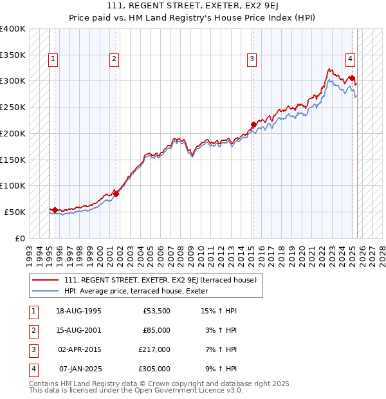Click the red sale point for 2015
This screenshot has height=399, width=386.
(253, 124)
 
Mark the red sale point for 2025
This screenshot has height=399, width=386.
(352, 78)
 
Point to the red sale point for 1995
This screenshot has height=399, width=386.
(55, 210)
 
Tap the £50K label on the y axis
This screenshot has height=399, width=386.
(15, 212)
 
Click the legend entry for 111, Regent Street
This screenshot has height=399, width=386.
(160, 280)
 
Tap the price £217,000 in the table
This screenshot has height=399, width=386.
(154, 349)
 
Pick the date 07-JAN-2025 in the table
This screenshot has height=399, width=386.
(80, 369)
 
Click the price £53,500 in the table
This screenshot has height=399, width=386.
(156, 311)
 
